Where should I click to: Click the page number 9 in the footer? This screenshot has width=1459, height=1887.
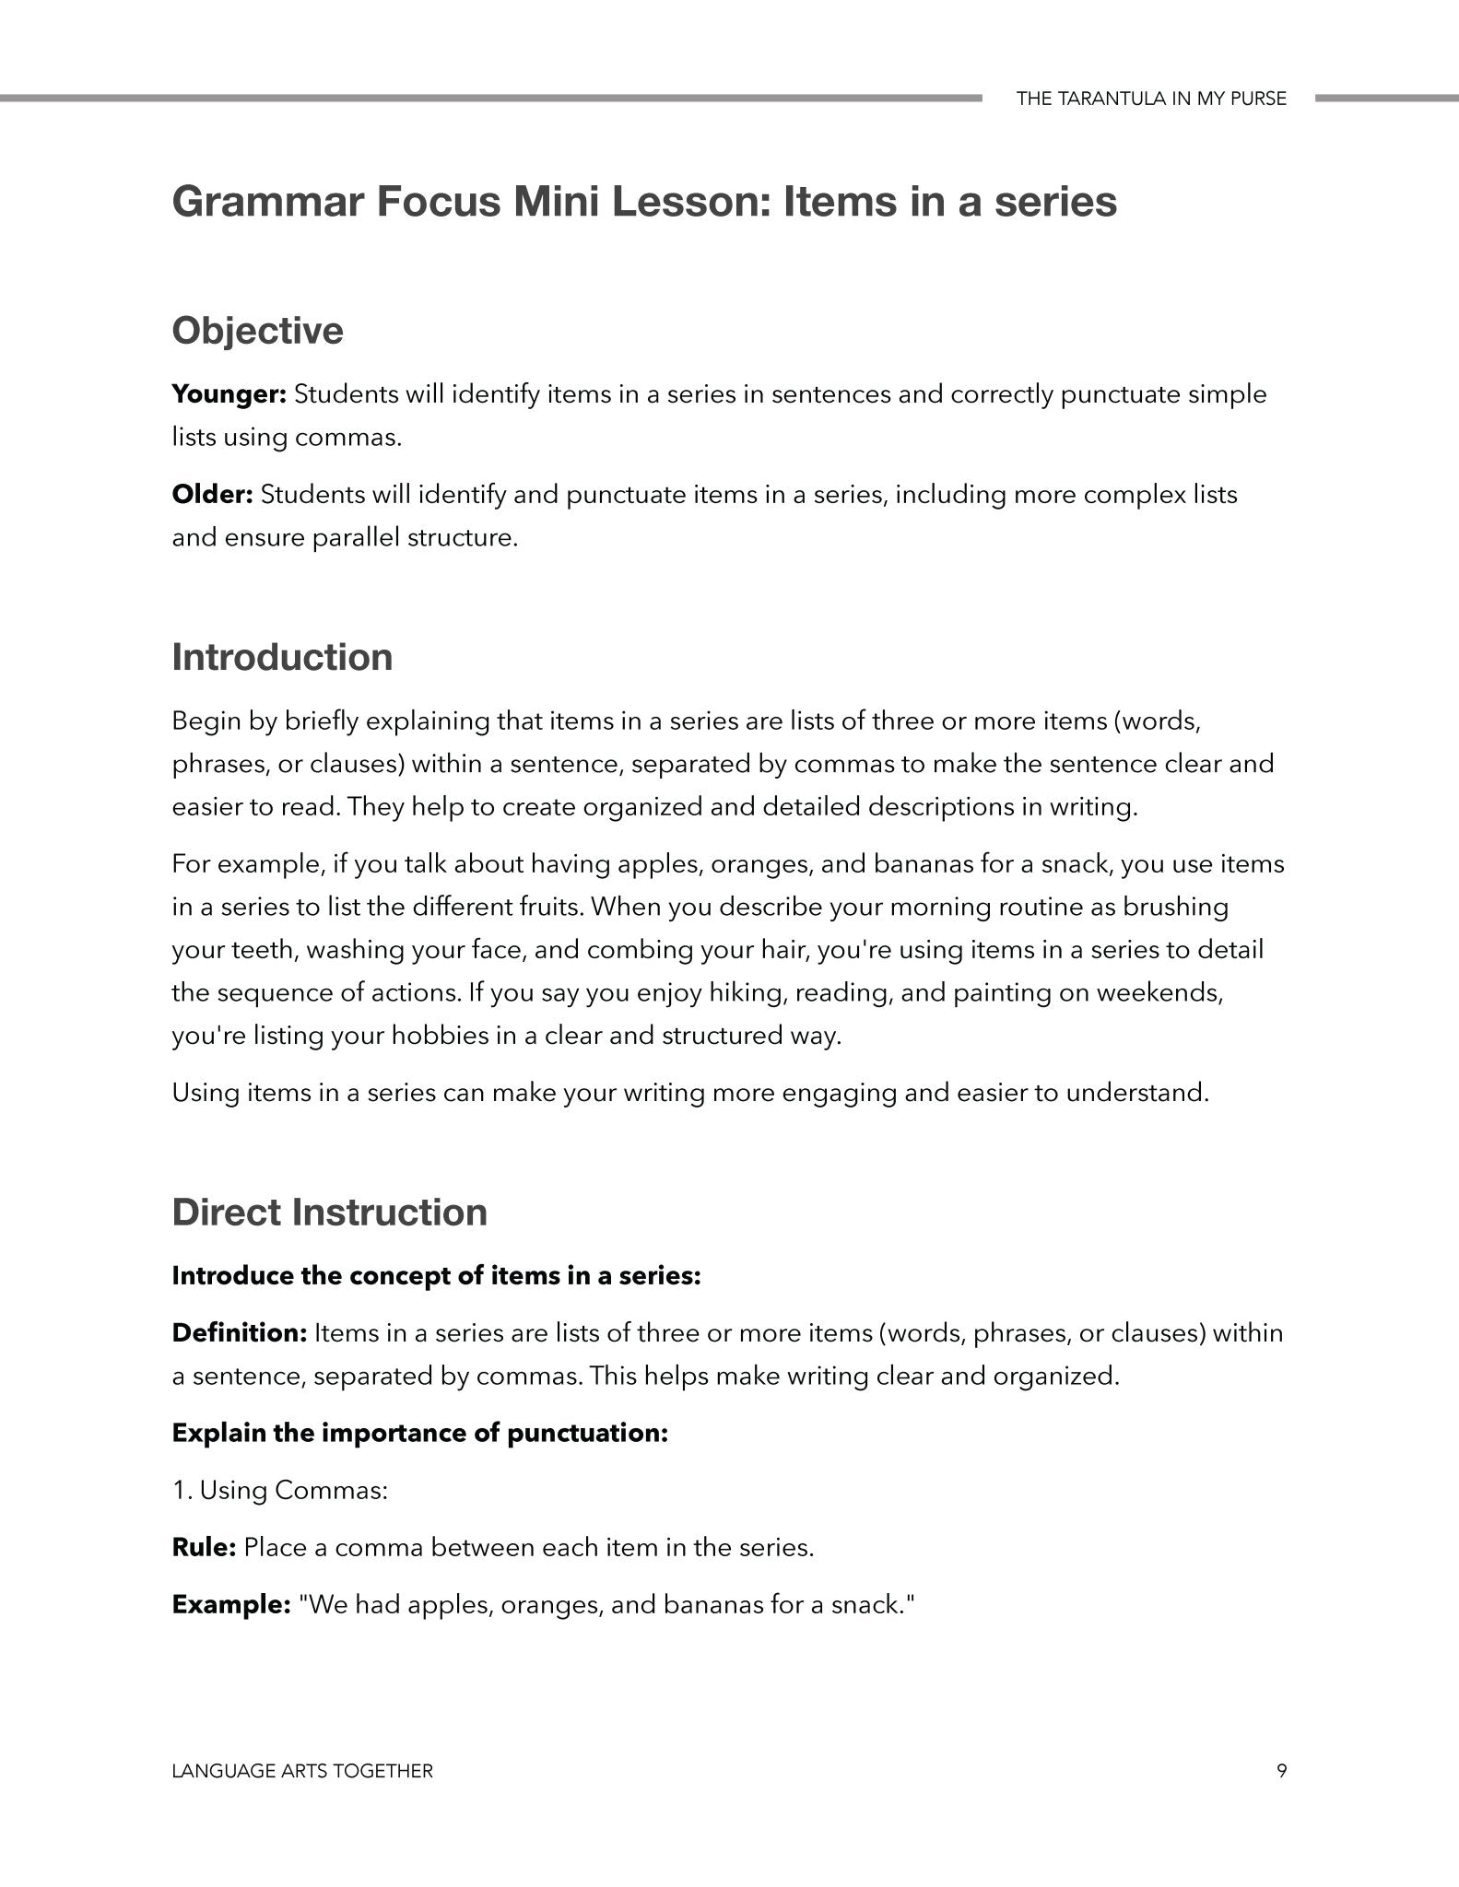pyautogui.click(x=1281, y=1770)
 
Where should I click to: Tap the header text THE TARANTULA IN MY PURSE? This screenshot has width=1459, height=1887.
pyautogui.click(x=1151, y=99)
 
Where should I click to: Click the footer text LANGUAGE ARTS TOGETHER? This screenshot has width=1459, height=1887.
pyautogui.click(x=302, y=1770)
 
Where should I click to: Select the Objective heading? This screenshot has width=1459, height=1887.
pyautogui.click(x=257, y=330)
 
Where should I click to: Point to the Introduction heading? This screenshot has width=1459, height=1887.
pyautogui.click(x=282, y=657)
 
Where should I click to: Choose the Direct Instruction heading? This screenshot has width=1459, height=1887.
pyautogui.click(x=329, y=1212)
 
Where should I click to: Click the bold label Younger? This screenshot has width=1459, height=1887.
pyautogui.click(x=229, y=394)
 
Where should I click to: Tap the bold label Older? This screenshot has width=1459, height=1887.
pyautogui.click(x=212, y=495)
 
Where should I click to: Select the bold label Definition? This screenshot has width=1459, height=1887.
pyautogui.click(x=239, y=1332)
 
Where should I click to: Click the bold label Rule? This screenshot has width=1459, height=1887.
pyautogui.click(x=205, y=1547)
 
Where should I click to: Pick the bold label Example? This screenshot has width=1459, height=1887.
pyautogui.click(x=231, y=1604)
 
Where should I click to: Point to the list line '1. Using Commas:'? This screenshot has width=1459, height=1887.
pyautogui.click(x=280, y=1490)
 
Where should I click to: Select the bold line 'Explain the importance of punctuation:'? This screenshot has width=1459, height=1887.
pyautogui.click(x=419, y=1433)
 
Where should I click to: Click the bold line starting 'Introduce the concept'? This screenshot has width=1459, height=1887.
pyautogui.click(x=436, y=1276)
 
